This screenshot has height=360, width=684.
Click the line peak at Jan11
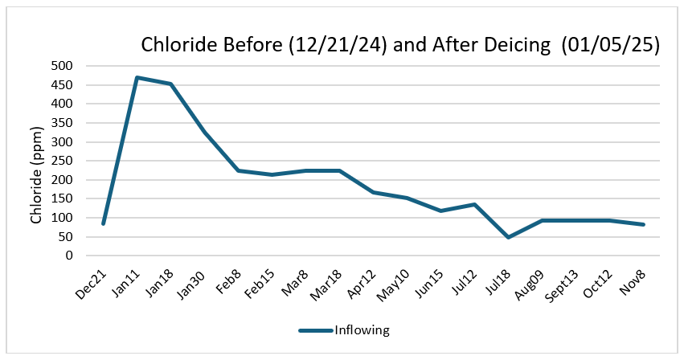137,77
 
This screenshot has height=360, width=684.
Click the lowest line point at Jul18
508,237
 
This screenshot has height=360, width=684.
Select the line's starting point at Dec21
104,223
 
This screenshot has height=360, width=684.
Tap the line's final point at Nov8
643,224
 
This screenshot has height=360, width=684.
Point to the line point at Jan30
205,132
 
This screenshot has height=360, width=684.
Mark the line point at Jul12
474,204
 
